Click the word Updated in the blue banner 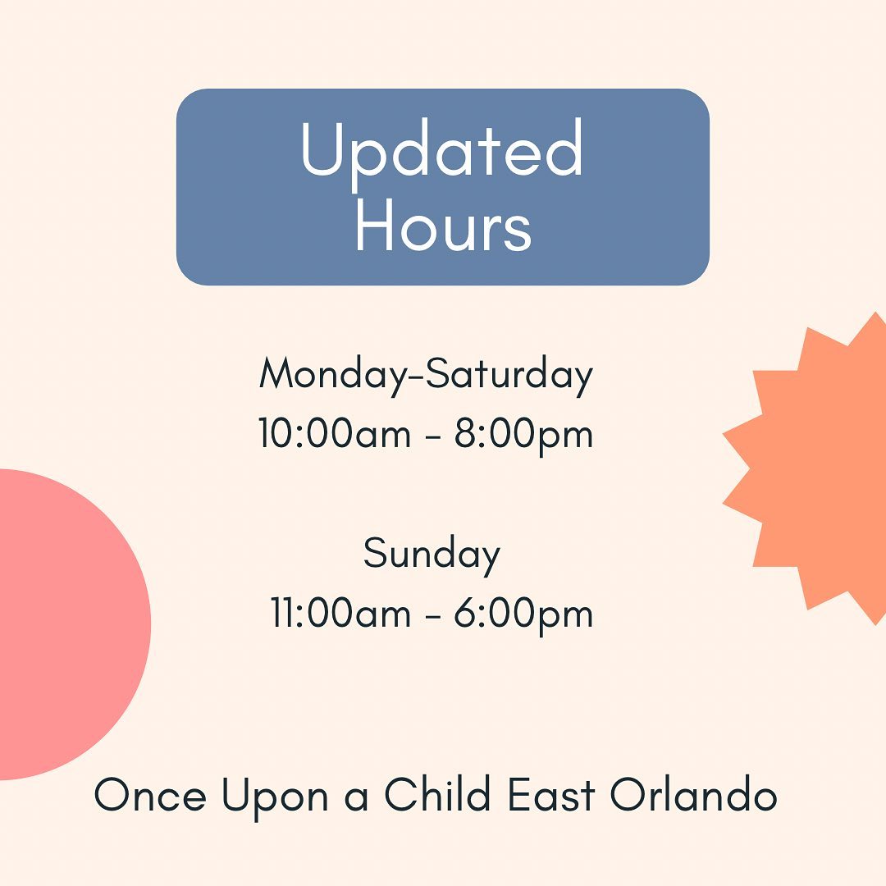point(442,152)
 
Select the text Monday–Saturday point(426,375)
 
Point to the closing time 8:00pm point(523,435)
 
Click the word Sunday point(432,555)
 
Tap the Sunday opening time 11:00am point(340,613)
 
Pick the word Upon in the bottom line point(275,797)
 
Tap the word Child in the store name point(437,793)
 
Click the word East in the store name point(551,794)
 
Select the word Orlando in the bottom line point(693,793)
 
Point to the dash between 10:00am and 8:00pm point(433,436)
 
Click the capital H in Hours point(377,224)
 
